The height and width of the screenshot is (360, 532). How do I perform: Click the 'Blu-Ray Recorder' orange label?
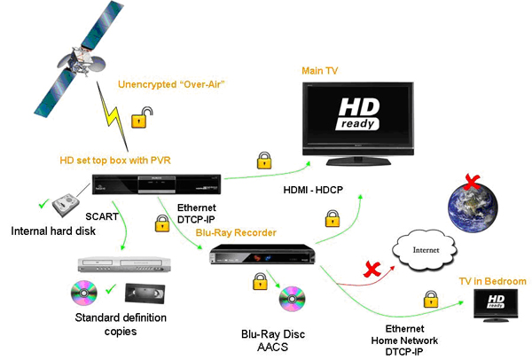pos(231,232)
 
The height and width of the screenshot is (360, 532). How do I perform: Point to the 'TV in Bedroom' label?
pos(491,281)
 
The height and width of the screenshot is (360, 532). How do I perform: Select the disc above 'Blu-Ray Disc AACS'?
pos(292,299)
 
